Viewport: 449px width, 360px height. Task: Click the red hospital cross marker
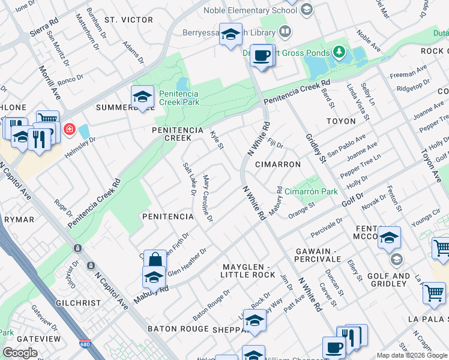click(x=70, y=129)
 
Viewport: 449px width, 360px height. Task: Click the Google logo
click(x=20, y=353)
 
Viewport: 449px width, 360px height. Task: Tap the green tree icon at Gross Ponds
click(x=340, y=52)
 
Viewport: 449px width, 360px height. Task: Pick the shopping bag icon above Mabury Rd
click(x=155, y=259)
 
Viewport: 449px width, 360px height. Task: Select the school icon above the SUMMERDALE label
click(x=142, y=96)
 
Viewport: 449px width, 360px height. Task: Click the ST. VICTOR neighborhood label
click(x=128, y=20)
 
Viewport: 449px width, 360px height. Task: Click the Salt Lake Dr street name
click(x=189, y=178)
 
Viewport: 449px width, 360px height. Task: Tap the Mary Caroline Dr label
click(x=208, y=199)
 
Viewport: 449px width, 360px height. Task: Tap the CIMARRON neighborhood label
click(x=277, y=164)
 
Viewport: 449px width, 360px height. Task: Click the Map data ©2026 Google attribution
click(x=411, y=355)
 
